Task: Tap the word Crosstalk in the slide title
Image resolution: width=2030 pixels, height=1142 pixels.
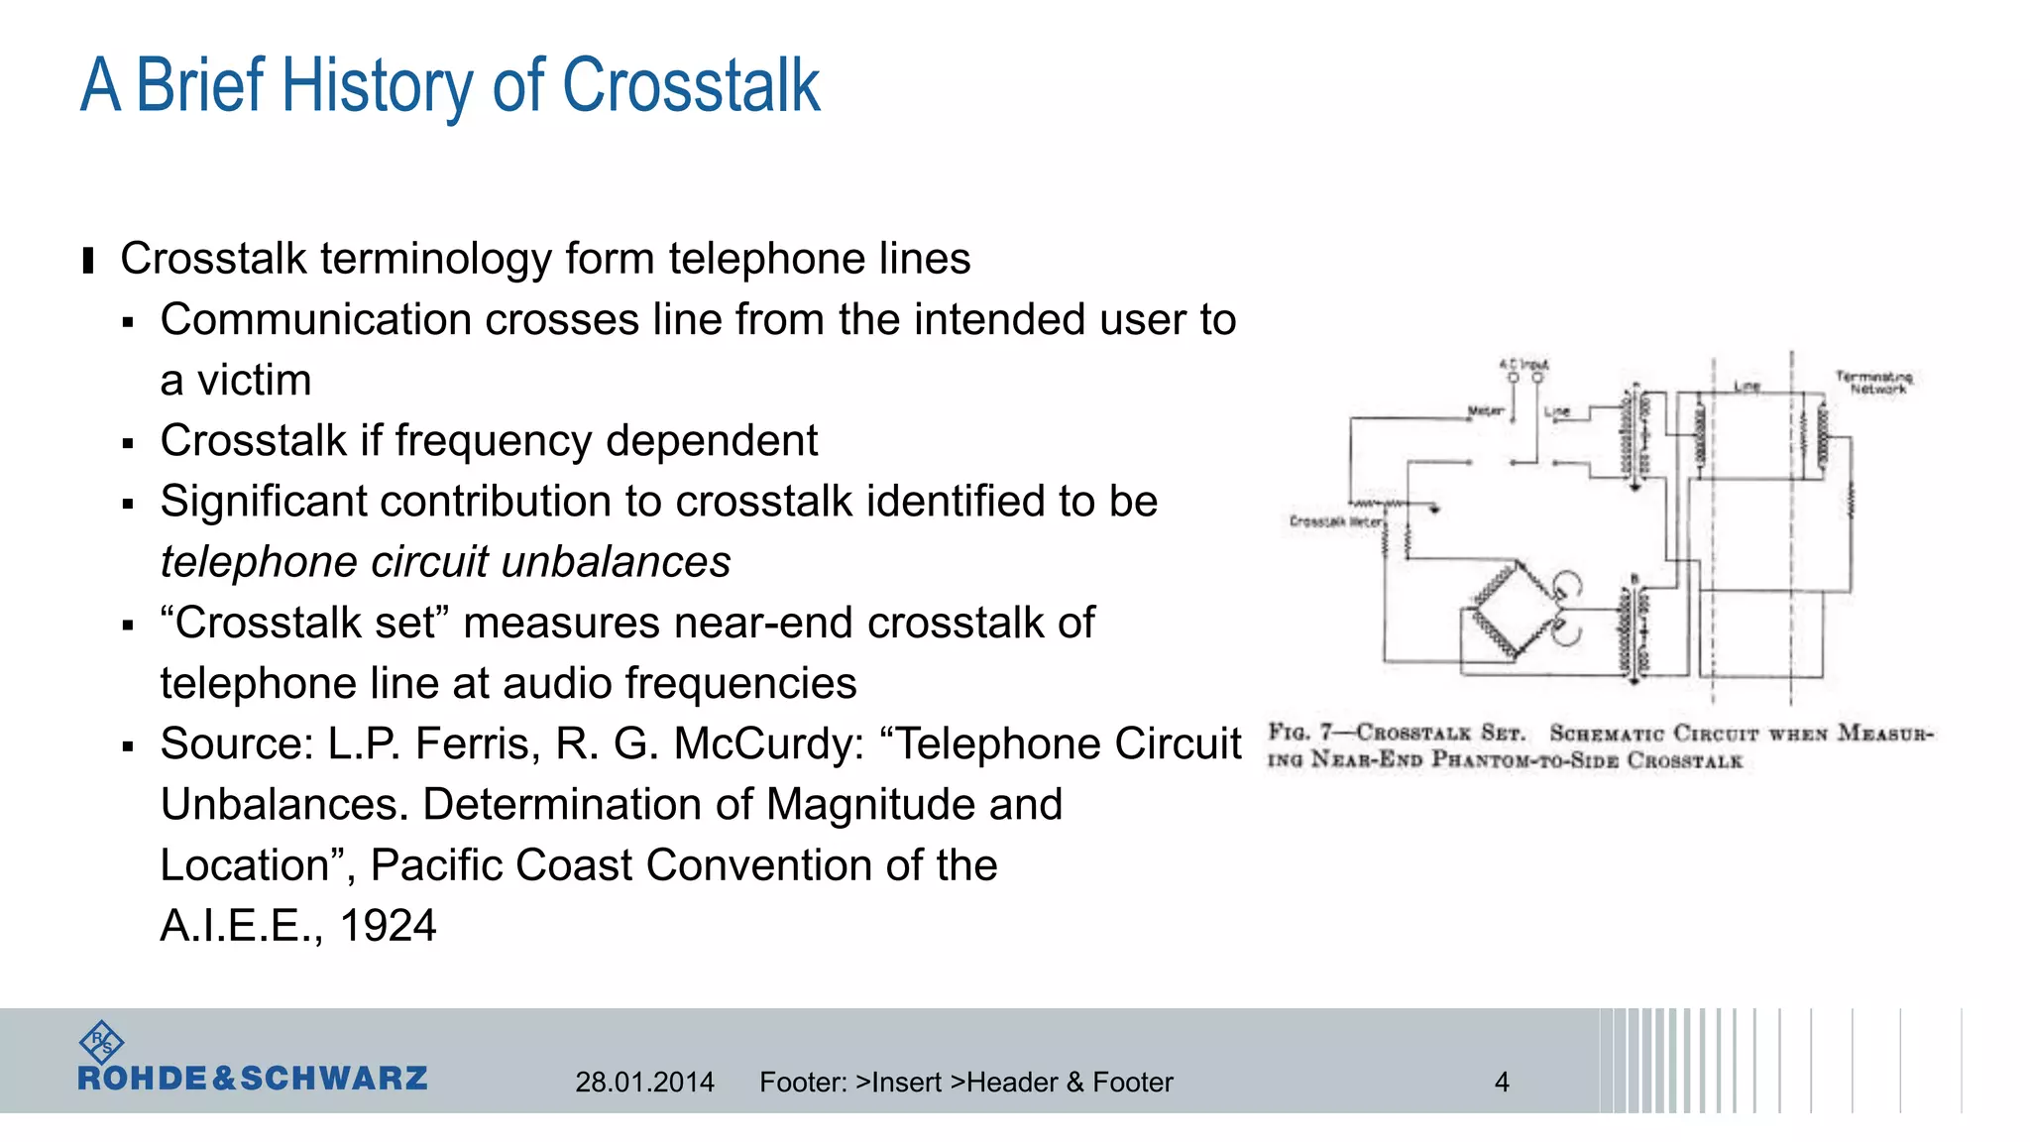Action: point(691,87)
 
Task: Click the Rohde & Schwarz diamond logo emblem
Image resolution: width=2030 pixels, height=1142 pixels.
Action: point(101,1042)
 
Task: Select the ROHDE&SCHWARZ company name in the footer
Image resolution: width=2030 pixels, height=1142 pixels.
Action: point(253,1079)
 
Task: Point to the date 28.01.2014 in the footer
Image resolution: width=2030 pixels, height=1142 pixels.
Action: point(644,1082)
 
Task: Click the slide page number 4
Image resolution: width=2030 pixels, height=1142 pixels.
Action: point(1502,1082)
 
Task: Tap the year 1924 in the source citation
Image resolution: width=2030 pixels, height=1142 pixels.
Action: point(388,926)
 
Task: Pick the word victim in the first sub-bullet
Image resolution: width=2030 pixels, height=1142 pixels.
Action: point(255,381)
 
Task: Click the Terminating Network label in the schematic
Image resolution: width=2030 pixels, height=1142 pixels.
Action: point(1873,383)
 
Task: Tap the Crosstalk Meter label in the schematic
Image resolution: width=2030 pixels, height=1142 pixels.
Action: point(1335,521)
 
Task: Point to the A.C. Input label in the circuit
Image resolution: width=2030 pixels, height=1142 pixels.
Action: point(1523,365)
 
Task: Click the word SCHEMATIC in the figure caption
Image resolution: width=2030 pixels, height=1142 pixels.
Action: point(1606,734)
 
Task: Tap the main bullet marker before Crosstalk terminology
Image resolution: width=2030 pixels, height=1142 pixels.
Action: point(88,261)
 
